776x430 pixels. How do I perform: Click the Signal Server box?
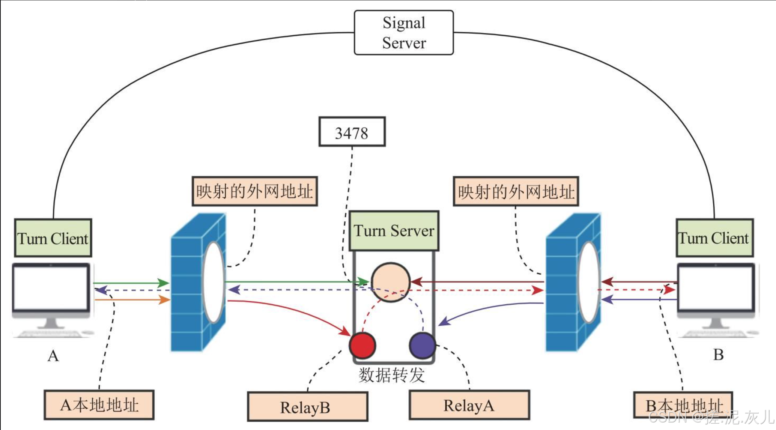(x=404, y=33)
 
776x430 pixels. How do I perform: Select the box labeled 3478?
(x=352, y=132)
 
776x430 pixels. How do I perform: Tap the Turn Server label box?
(x=394, y=231)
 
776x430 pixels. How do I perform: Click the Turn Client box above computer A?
(x=53, y=238)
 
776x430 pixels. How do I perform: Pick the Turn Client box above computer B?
(x=714, y=238)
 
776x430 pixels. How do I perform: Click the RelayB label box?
(x=307, y=407)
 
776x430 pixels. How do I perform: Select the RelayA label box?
(x=469, y=405)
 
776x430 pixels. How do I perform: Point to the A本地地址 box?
(x=99, y=405)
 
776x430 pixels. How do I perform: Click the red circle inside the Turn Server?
(x=362, y=345)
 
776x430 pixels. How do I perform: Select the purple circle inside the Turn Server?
(x=423, y=345)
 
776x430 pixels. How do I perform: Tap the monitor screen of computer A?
(x=51, y=287)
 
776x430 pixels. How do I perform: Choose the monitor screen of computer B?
(x=716, y=287)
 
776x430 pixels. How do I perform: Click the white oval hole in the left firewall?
(x=214, y=282)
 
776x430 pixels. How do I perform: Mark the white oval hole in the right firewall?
(x=588, y=282)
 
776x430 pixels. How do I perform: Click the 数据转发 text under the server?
(x=391, y=375)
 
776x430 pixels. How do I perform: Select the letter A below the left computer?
(x=53, y=355)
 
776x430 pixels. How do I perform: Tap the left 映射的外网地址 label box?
(x=254, y=191)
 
